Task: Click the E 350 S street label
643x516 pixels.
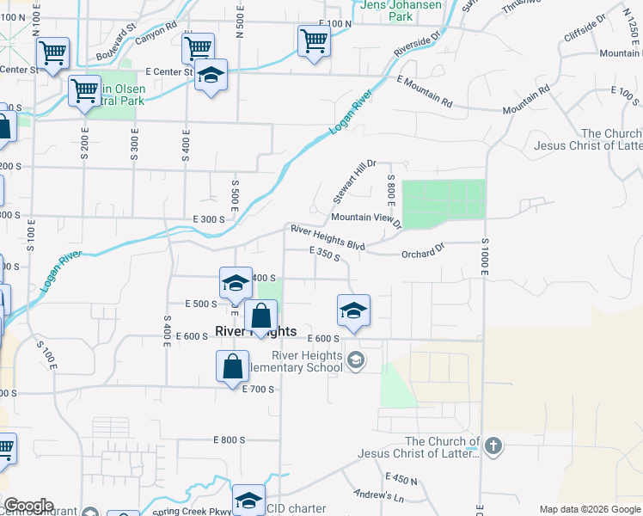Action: pos(325,253)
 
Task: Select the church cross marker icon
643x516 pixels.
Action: pos(493,445)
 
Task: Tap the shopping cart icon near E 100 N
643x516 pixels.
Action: pos(314,39)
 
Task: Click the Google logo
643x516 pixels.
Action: pos(28,506)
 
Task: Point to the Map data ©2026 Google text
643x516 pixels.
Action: pos(589,509)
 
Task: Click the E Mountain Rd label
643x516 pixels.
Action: pos(424,91)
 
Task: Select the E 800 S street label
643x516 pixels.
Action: pos(230,440)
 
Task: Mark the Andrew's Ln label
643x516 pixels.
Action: pos(379,496)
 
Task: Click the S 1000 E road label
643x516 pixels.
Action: pos(485,255)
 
